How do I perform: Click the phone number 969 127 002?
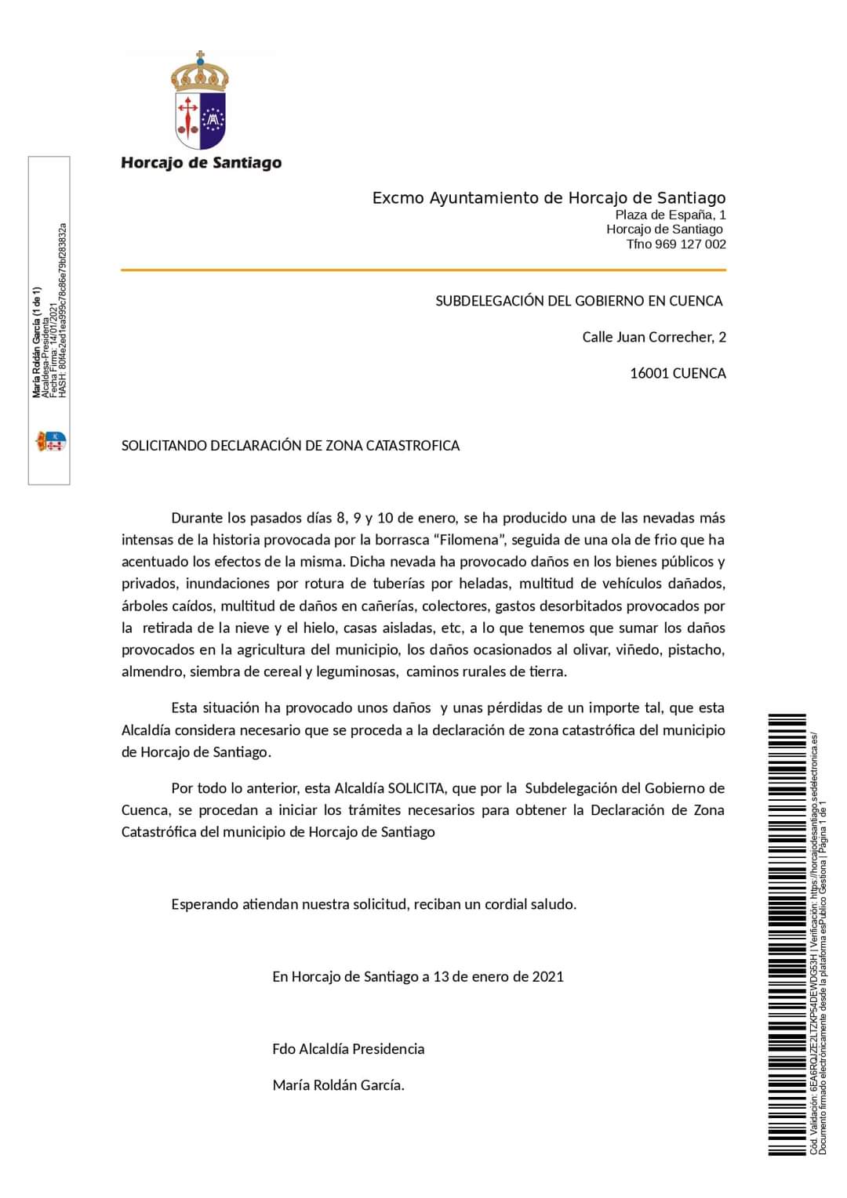tap(690, 244)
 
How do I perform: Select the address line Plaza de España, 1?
tap(671, 215)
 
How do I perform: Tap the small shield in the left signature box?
tap(51, 441)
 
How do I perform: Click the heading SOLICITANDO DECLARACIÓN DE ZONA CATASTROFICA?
tap(290, 446)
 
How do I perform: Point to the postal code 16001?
tap(649, 374)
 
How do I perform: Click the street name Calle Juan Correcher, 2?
tap(653, 338)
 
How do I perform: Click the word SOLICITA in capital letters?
tap(416, 788)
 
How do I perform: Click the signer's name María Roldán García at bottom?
tap(338, 1086)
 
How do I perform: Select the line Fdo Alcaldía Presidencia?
tap(348, 1049)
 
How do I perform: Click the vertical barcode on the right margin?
tap(787, 932)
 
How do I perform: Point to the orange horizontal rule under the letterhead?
tap(423, 270)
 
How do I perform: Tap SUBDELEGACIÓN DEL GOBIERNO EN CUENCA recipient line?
tap(579, 301)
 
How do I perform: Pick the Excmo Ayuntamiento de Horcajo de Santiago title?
tap(549, 198)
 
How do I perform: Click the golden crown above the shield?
tap(200, 72)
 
